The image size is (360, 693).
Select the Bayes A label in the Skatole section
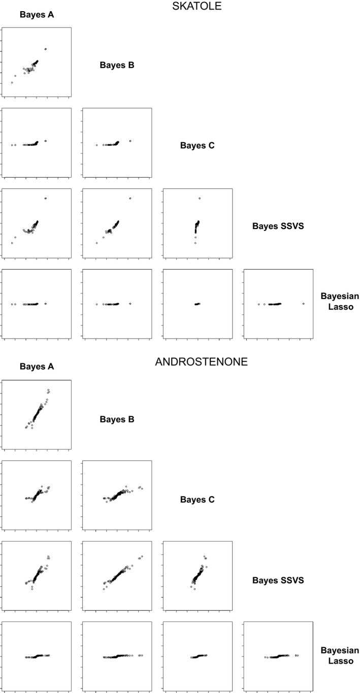click(x=37, y=14)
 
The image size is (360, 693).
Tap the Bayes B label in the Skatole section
click(x=117, y=65)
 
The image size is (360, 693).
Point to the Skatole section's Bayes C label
click(x=198, y=146)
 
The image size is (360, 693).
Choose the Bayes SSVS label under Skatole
click(x=278, y=226)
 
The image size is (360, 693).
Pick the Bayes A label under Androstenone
click(x=37, y=367)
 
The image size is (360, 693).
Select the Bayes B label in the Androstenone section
click(x=117, y=419)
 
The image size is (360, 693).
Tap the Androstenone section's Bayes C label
click(x=198, y=500)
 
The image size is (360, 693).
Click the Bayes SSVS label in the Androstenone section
click(x=278, y=580)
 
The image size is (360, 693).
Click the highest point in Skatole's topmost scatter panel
click(x=46, y=49)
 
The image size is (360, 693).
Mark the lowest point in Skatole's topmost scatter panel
click(x=12, y=82)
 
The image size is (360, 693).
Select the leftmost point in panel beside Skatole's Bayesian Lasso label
click(x=258, y=304)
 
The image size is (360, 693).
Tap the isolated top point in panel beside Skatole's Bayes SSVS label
click(x=200, y=198)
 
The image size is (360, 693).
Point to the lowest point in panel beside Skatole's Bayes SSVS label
click(x=195, y=243)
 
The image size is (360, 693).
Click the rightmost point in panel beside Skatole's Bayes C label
click(x=130, y=141)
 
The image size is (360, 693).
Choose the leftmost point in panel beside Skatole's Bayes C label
click(x=96, y=145)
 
